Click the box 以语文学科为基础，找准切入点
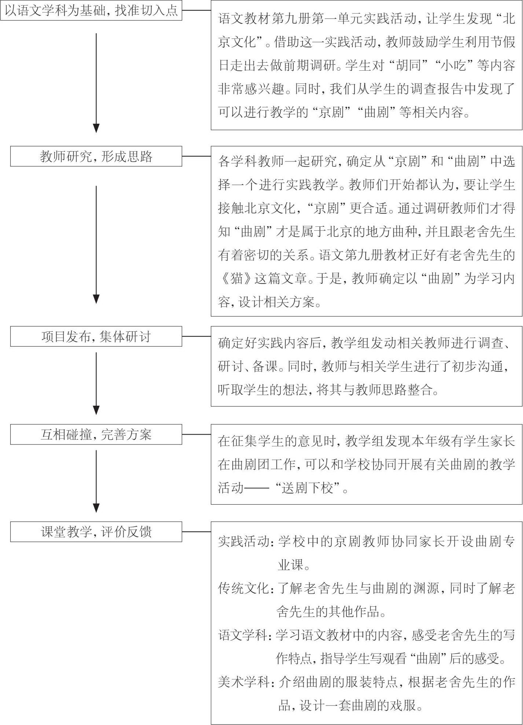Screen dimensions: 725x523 (91, 10)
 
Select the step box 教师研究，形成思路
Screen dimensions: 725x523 (96, 156)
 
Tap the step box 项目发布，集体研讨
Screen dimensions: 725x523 (96, 337)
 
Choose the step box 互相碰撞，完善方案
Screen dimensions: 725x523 (96, 435)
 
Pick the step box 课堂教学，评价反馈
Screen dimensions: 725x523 (96, 532)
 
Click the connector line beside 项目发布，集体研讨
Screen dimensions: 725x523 (196, 337)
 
